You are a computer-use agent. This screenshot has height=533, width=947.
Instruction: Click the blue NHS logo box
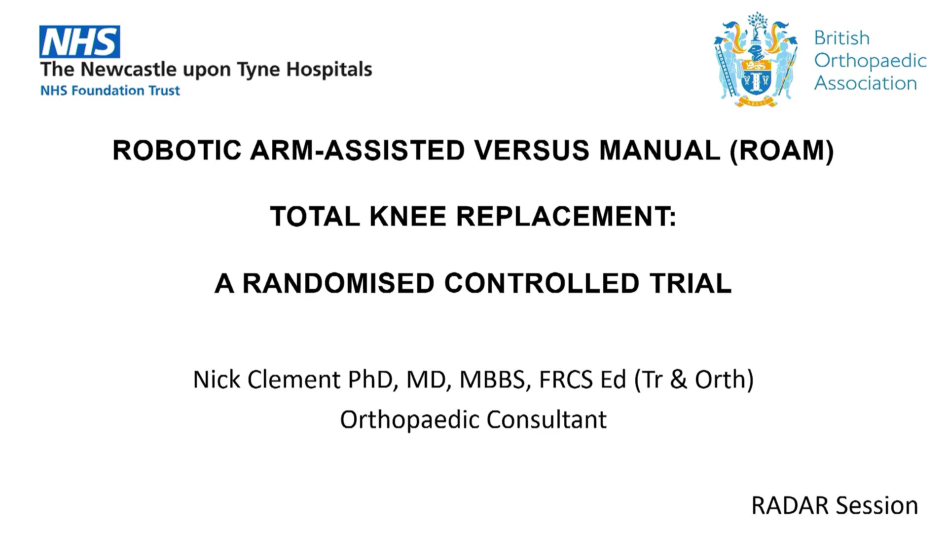pyautogui.click(x=79, y=42)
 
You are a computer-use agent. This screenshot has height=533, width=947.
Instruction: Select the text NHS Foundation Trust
pyautogui.click(x=110, y=91)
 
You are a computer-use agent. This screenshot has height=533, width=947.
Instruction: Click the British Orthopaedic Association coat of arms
pyautogui.click(x=755, y=59)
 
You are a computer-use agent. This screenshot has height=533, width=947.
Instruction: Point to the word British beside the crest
pyautogui.click(x=841, y=38)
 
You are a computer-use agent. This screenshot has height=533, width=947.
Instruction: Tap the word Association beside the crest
pyautogui.click(x=866, y=83)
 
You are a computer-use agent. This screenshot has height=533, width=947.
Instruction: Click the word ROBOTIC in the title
pyautogui.click(x=177, y=150)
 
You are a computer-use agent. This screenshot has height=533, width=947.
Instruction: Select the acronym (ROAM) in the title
pyautogui.click(x=782, y=151)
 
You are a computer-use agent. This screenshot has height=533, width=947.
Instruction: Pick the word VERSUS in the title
pyautogui.click(x=532, y=150)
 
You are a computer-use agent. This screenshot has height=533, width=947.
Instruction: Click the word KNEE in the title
pyautogui.click(x=408, y=216)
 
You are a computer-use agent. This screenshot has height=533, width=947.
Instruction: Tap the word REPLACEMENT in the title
pyautogui.click(x=566, y=216)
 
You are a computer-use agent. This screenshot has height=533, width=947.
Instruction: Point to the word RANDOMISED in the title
pyautogui.click(x=338, y=283)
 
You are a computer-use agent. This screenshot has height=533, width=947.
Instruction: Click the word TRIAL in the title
pyautogui.click(x=691, y=283)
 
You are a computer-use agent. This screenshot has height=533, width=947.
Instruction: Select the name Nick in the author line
pyautogui.click(x=217, y=380)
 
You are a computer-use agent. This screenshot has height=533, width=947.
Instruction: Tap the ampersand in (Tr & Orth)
pyautogui.click(x=678, y=380)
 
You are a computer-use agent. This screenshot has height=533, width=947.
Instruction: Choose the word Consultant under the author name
pyautogui.click(x=546, y=419)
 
